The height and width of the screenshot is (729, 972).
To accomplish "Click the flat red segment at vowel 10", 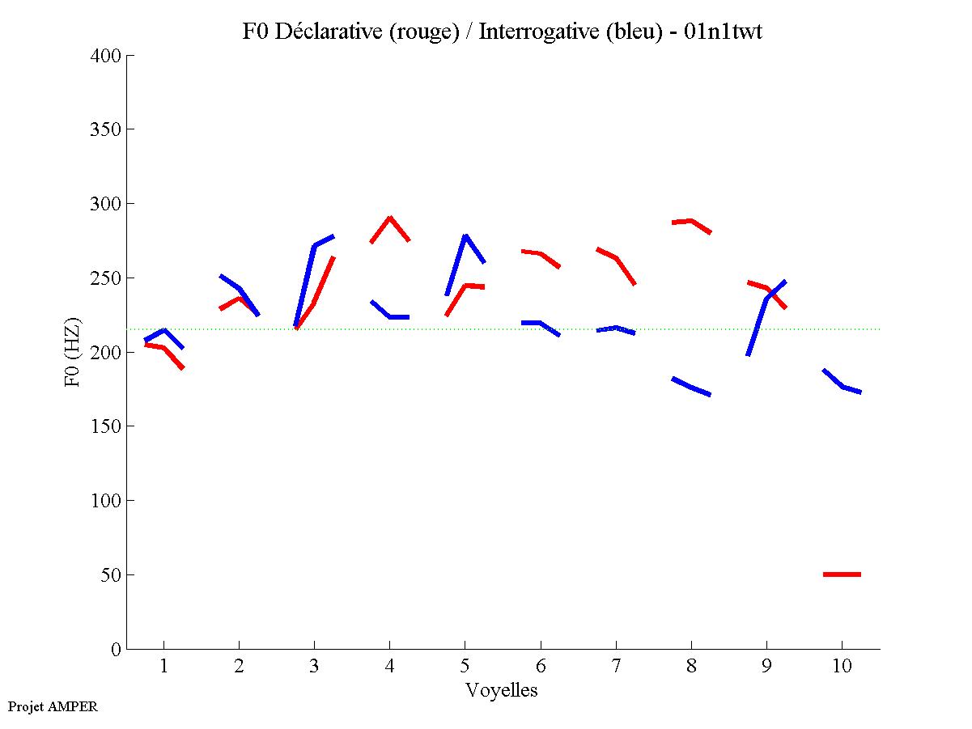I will click(842, 574).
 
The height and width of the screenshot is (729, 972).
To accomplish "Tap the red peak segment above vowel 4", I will click(389, 219).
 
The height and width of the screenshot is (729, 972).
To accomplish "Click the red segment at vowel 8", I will click(690, 221).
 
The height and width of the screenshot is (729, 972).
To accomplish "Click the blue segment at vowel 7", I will click(615, 328).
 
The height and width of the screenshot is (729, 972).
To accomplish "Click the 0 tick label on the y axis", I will click(117, 650).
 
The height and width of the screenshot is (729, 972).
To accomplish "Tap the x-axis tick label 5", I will click(465, 667).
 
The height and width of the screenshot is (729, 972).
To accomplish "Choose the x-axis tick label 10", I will click(842, 667).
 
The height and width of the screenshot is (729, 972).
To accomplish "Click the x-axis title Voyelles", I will click(502, 690).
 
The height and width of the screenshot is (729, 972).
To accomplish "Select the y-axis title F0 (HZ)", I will click(72, 352).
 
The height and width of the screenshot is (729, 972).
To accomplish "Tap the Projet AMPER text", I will click(53, 706).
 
